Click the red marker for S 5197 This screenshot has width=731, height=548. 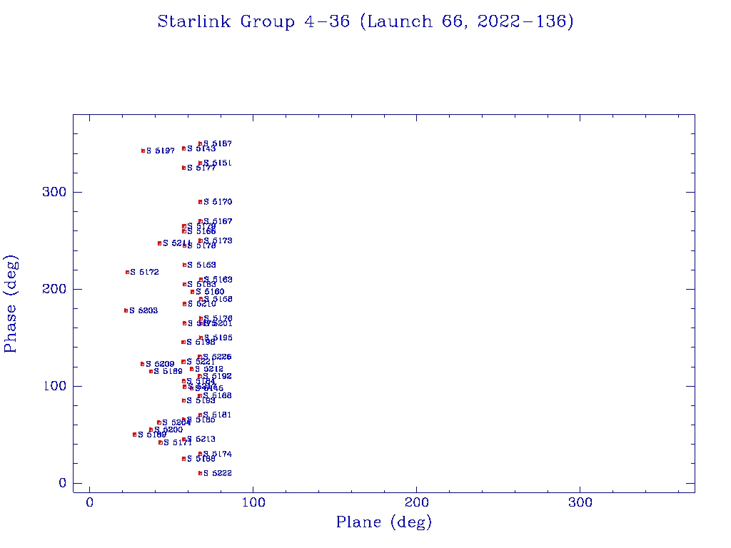click(143, 151)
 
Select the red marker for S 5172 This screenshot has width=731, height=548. click(127, 272)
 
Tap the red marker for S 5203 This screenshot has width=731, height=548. click(126, 310)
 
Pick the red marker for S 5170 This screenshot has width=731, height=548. click(201, 202)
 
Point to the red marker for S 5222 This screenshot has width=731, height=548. click(200, 473)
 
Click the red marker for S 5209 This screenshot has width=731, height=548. click(143, 364)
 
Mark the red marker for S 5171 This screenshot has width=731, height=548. click(160, 442)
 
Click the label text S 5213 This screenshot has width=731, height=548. click(201, 439)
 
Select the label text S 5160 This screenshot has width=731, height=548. click(210, 292)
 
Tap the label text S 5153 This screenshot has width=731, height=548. click(201, 265)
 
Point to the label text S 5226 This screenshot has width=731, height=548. click(217, 357)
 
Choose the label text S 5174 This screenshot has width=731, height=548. click(217, 454)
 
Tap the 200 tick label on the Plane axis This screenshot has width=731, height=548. click(417, 502)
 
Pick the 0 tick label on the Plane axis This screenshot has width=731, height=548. click(90, 502)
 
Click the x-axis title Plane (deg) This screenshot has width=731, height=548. click(384, 522)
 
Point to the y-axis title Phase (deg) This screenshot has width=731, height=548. click(11, 303)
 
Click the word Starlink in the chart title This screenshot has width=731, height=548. click(195, 21)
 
